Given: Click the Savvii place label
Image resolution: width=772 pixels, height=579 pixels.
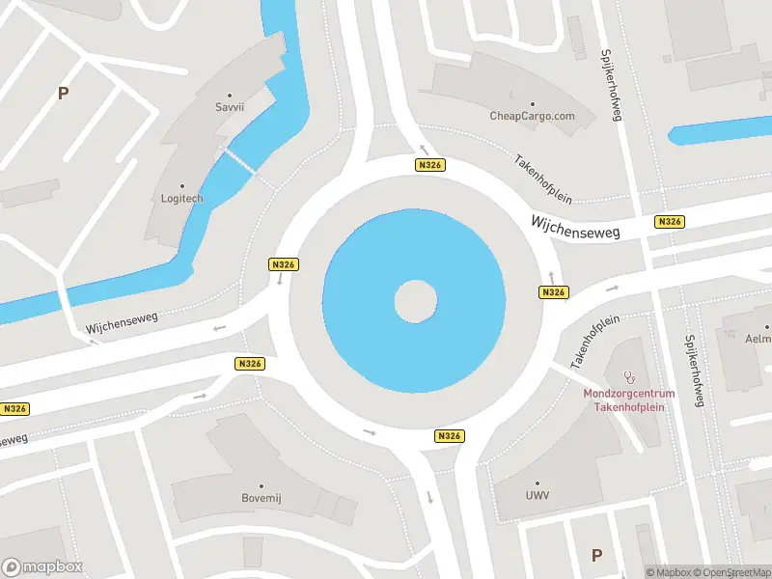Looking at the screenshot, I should point(230,107).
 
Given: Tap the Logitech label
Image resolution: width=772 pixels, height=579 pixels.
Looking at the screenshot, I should point(181,198).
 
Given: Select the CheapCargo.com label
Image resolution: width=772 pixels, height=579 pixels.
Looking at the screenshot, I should point(532,116).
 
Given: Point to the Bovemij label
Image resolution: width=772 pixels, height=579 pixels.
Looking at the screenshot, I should point(260,498).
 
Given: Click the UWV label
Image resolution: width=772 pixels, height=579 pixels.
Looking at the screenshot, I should point(538,495).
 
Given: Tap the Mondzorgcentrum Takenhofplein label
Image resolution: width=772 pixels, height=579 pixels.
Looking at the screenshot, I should point(629,400).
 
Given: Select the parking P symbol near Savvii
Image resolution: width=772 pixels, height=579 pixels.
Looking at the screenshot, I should point(64,94).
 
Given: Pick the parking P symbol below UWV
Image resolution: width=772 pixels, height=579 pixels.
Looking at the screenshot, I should point(596,555).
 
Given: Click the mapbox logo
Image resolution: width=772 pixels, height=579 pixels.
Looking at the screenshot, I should point(42,567).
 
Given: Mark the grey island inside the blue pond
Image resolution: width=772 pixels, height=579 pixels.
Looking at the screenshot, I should point(415,301).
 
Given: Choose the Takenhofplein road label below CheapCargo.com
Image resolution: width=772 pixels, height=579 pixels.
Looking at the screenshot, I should point(542,179).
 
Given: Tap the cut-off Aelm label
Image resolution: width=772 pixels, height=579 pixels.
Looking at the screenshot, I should point(758,340).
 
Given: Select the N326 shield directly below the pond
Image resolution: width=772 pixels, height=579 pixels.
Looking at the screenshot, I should point(450,436).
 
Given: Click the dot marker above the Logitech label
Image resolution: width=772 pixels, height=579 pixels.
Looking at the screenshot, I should point(181,185).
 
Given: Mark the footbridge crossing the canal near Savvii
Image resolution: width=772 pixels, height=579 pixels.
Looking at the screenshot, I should point(242,161).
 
